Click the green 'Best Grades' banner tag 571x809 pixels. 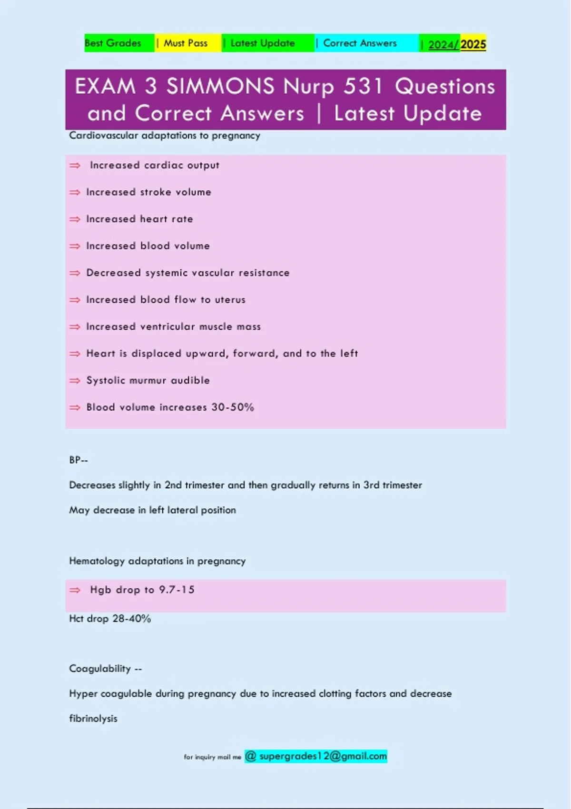113,43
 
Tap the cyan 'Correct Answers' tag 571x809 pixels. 360,43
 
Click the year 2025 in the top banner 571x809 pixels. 473,45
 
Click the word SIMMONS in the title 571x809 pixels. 220,87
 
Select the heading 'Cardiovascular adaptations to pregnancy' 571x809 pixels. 165,136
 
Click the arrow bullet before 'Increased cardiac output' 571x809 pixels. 75,166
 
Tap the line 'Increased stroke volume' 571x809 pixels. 148,192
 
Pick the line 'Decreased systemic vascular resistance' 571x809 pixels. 187,273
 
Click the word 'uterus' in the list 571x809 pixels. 230,300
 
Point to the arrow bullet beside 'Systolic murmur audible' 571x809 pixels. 75,381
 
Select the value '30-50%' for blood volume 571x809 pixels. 233,407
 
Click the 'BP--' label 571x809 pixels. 79,460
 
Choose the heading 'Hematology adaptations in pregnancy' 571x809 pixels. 158,561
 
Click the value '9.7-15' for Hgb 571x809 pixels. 177,590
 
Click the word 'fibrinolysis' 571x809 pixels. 93,719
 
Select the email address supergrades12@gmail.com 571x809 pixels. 323,756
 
